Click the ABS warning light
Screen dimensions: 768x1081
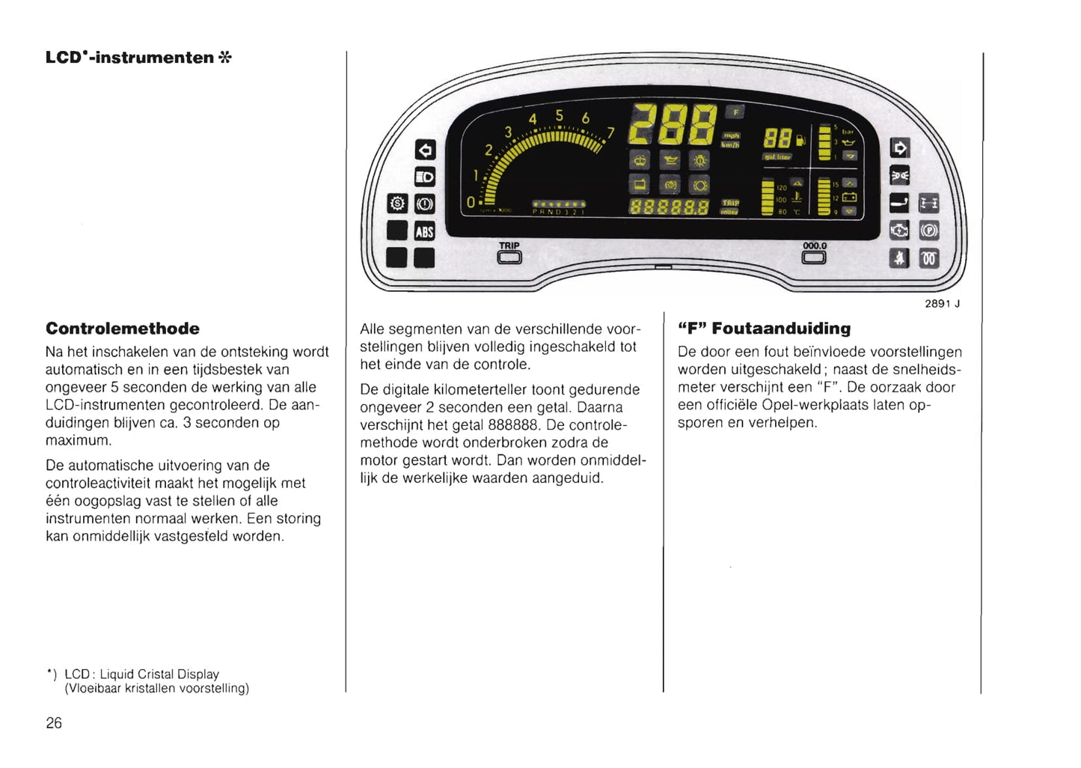point(424,231)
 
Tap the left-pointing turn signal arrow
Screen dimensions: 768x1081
point(424,150)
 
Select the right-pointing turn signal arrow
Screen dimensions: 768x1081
point(899,148)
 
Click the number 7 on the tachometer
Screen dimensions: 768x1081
point(610,132)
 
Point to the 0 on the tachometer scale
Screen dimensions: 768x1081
point(470,202)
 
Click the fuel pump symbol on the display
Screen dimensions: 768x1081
point(801,139)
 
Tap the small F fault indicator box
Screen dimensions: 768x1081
point(735,112)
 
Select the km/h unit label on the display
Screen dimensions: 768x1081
point(730,144)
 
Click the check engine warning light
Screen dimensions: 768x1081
point(899,231)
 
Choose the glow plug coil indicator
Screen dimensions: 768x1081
point(928,258)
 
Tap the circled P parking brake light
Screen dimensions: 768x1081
point(928,231)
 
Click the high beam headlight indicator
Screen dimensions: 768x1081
point(424,177)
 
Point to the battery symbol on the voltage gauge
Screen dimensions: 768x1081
point(849,198)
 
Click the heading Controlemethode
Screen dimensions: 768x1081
point(123,329)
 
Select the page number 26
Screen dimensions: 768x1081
point(54,723)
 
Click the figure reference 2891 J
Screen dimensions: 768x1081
point(942,303)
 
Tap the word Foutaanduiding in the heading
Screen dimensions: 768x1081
point(781,329)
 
